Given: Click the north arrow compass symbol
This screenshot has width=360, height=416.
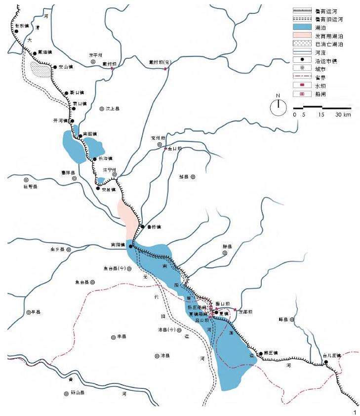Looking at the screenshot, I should tap(279, 106).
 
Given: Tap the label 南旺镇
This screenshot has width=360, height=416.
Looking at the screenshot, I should tap(90, 134).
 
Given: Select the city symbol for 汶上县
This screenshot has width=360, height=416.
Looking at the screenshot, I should tap(101, 108).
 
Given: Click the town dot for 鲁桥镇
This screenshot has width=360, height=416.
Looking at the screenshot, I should tap(142, 227).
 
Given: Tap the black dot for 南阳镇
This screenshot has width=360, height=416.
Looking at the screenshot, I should tap(130, 246).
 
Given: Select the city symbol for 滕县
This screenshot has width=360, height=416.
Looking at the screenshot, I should tap(225, 252).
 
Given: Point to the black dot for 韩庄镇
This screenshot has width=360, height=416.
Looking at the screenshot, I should tap(260, 354).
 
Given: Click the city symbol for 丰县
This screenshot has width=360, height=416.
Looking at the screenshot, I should tap(113, 336).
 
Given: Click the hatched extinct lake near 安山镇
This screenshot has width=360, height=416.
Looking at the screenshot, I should tap(40, 70).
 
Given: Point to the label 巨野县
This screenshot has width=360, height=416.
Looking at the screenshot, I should tap(30, 187).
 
